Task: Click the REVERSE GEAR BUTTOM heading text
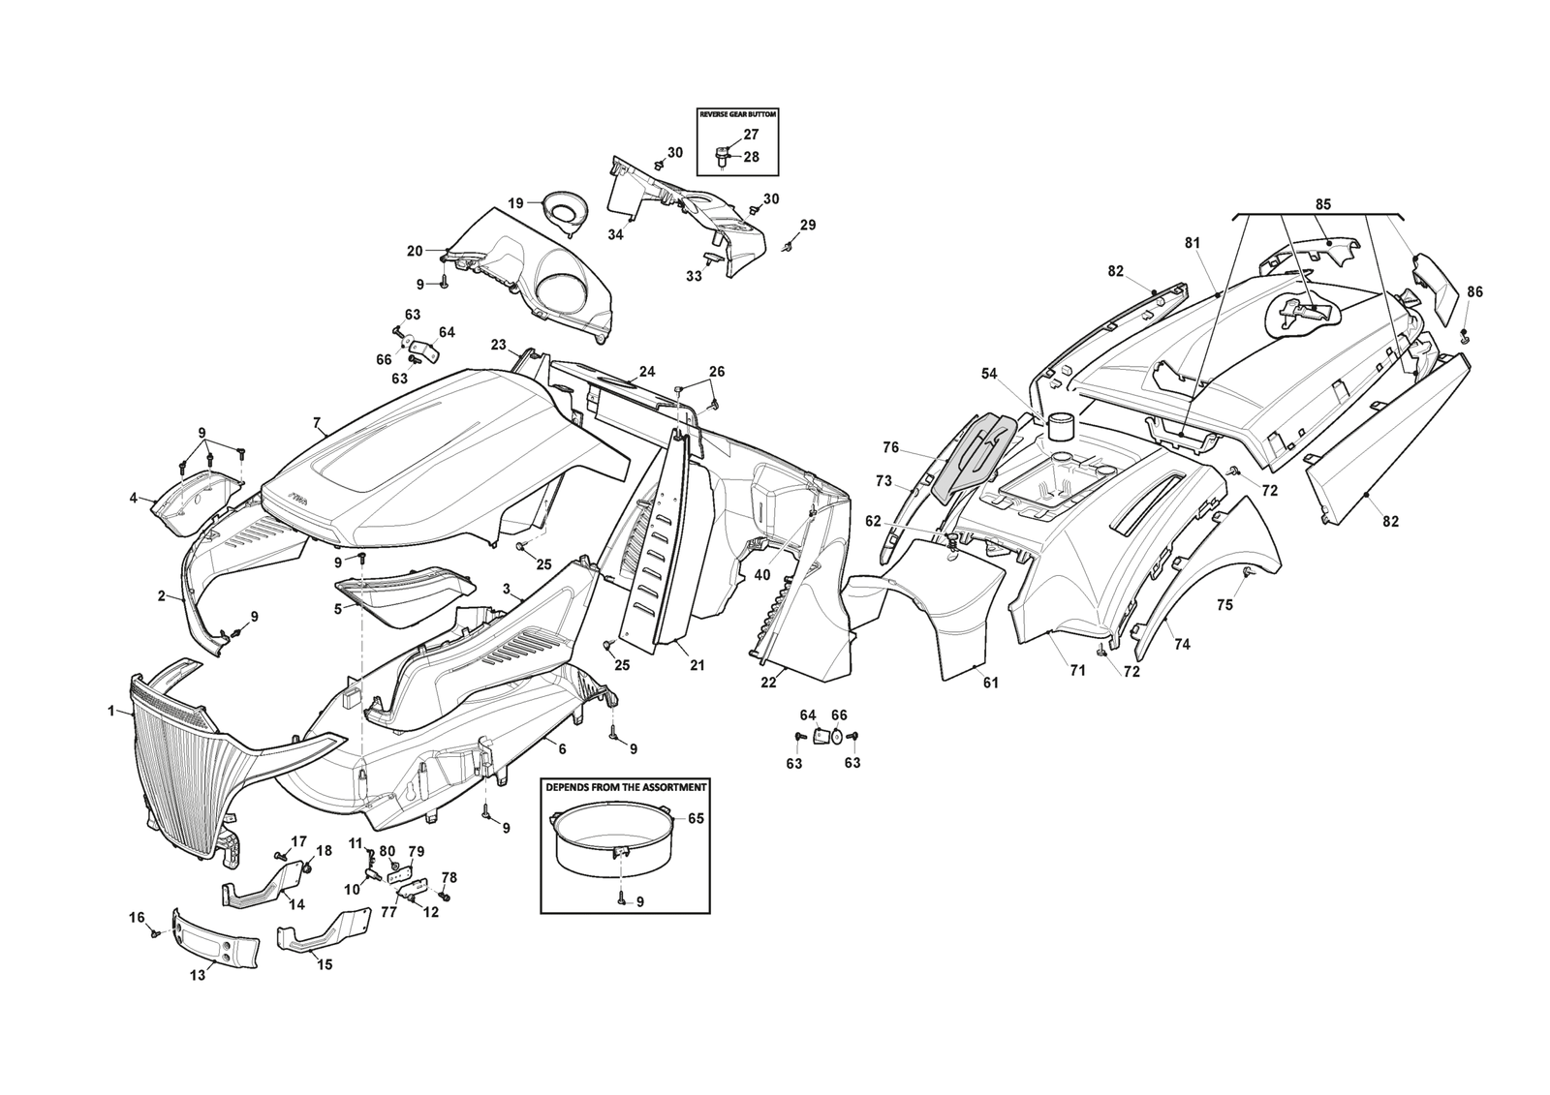[737, 114]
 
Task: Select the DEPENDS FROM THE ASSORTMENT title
[625, 787]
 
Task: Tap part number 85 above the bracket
[1322, 204]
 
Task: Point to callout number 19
[515, 203]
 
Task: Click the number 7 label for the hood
[316, 422]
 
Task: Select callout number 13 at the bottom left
[197, 975]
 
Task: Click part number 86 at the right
[1473, 291]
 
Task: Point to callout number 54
[988, 373]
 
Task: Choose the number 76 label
[891, 447]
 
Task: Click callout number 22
[768, 683]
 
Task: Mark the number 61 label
[990, 683]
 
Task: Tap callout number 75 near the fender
[1224, 605]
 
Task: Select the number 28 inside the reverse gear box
[752, 157]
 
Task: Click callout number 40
[762, 574]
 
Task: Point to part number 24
[646, 371]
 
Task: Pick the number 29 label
[808, 225]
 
